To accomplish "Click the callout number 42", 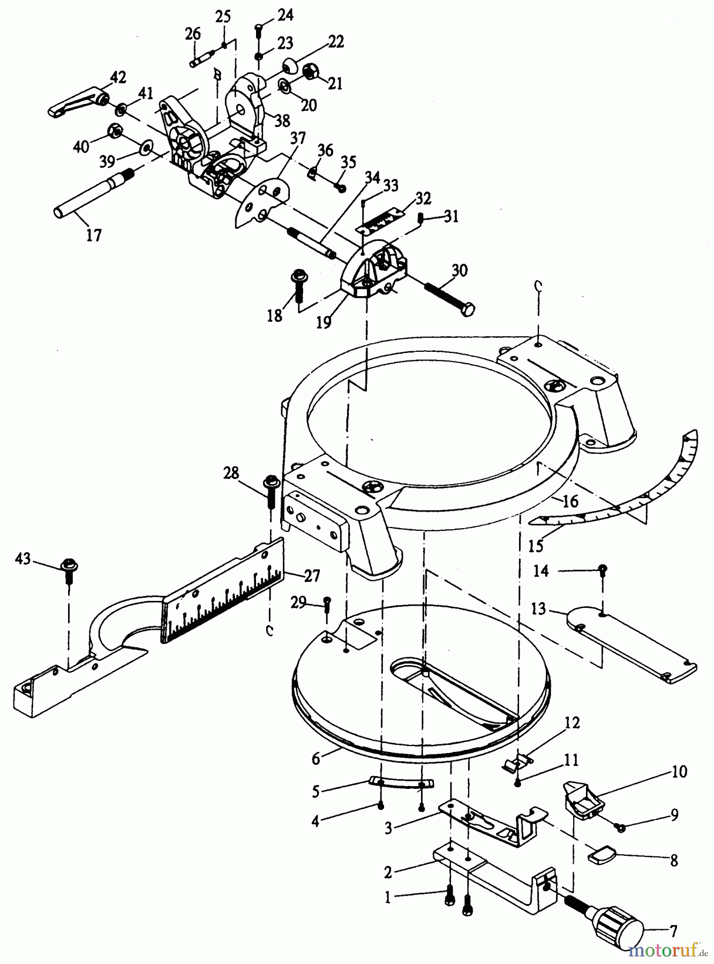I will [118, 78].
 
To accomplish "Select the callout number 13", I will [538, 609].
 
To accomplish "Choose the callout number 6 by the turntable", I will [315, 758].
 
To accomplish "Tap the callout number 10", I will [679, 772].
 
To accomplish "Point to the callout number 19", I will [323, 323].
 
